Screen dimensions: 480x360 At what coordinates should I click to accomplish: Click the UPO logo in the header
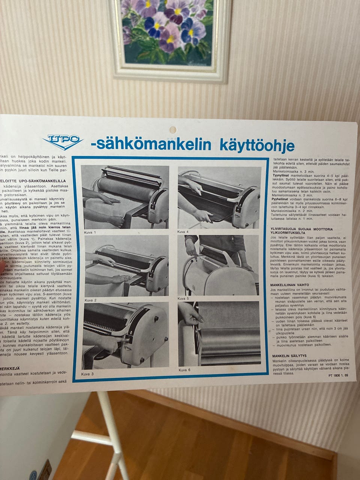[x=63, y=141]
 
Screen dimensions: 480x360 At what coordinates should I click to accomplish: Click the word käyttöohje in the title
[x=257, y=145]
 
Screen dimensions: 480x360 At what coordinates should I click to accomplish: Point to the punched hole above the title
[x=173, y=130]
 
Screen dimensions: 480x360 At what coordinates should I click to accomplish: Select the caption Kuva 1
[x=90, y=232]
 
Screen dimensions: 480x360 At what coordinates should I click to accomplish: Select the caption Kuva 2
[x=90, y=300]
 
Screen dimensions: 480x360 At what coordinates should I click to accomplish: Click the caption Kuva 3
[x=87, y=374]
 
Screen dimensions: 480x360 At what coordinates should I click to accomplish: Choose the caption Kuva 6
[x=185, y=370]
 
